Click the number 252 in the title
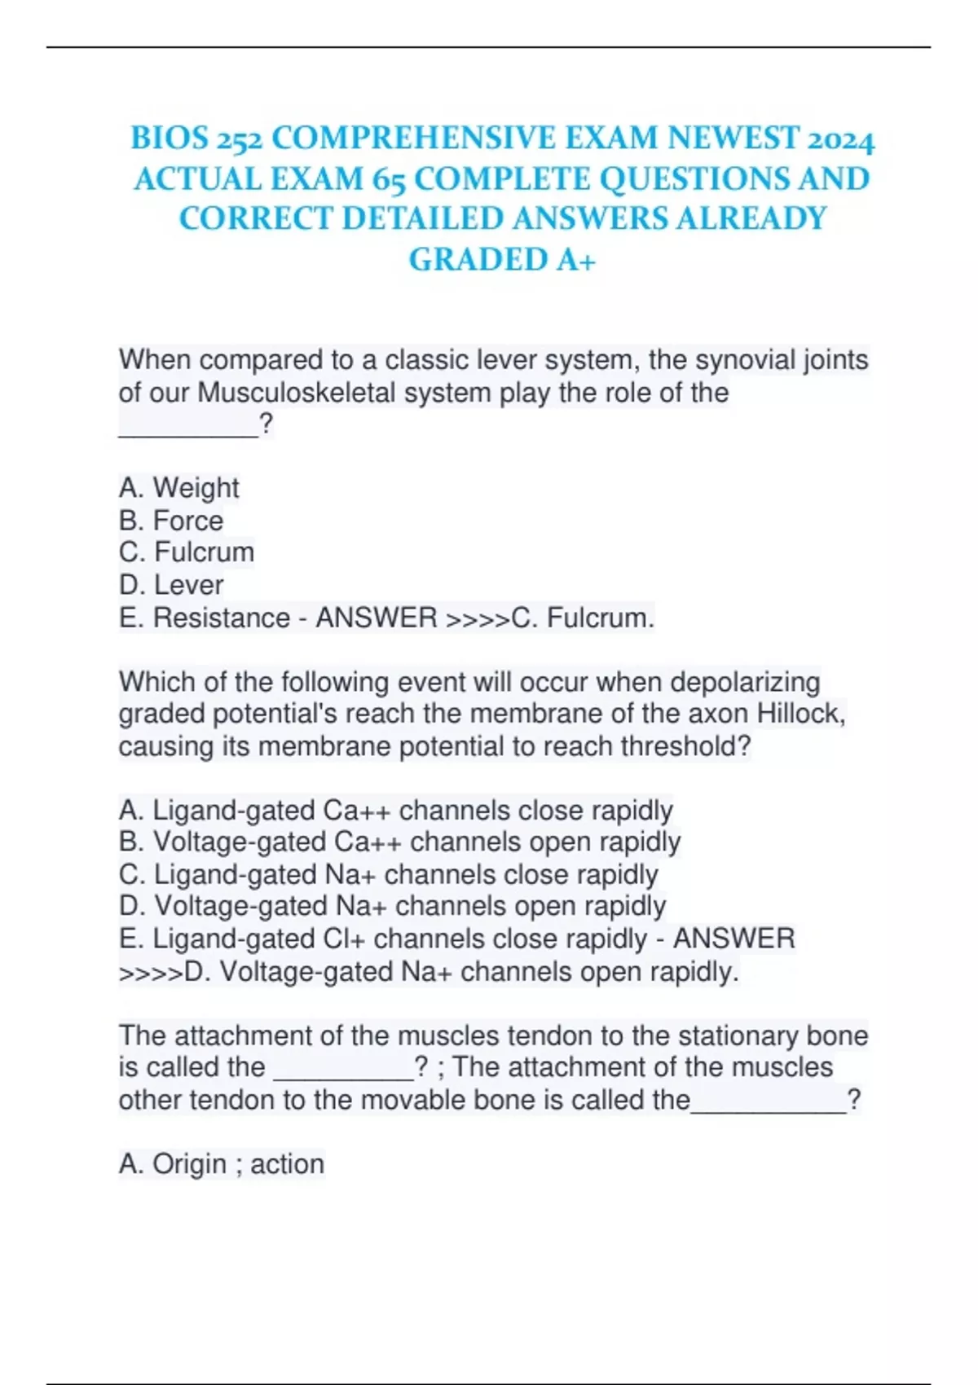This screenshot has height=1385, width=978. coord(239,139)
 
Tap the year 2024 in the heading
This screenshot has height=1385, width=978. coord(840,139)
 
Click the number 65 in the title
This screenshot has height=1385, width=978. coord(388,180)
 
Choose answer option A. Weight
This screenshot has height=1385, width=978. coord(178,488)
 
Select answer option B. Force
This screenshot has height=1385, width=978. coord(170,521)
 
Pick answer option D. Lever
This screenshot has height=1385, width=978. coord(170,585)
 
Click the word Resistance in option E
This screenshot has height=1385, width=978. coord(221,618)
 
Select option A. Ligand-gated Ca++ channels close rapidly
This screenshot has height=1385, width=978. coord(395,811)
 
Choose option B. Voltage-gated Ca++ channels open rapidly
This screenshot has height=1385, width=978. coord(399,842)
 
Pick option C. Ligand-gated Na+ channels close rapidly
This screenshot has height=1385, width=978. coord(388,875)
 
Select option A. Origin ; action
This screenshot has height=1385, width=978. coord(221,1164)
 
